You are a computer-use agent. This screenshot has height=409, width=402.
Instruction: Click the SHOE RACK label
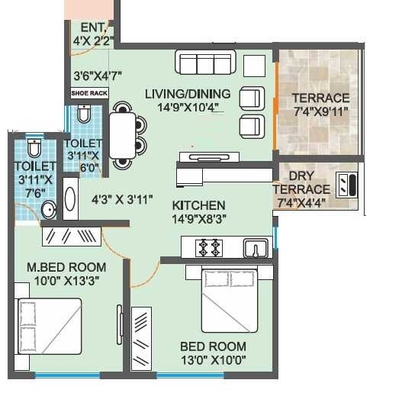pyautogui.click(x=89, y=93)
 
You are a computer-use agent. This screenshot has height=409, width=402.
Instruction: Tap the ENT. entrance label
pyautogui.click(x=92, y=35)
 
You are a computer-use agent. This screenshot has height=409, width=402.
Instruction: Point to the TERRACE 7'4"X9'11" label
pyautogui.click(x=320, y=105)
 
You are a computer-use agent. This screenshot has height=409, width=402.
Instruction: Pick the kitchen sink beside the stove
pyautogui.click(x=254, y=247)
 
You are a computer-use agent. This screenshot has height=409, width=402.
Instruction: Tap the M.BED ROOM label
pyautogui.click(x=66, y=274)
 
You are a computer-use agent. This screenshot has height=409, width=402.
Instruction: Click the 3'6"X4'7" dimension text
pyautogui.click(x=98, y=76)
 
